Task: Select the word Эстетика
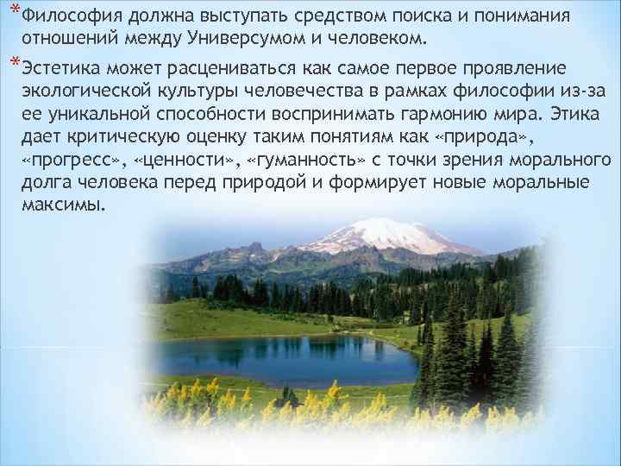click(x=58, y=68)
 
